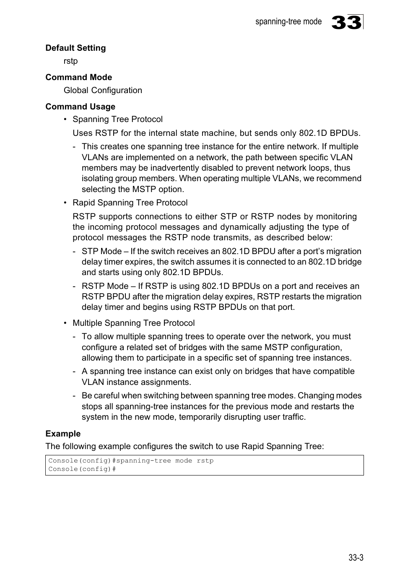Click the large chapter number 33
pyautogui.click(x=346, y=22)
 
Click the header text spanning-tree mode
pyautogui.click(x=288, y=21)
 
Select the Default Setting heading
pyautogui.click(x=75, y=48)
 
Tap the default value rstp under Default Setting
pyautogui.click(x=70, y=61)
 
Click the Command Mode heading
pyautogui.click(x=78, y=77)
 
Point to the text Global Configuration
pyautogui.click(x=103, y=90)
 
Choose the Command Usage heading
pyautogui.click(x=80, y=107)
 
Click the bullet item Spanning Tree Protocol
pyautogui.click(x=117, y=119)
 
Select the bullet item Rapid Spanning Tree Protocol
pyautogui.click(x=130, y=203)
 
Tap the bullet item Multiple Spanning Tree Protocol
pyautogui.click(x=133, y=323)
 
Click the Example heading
pyautogui.click(x=63, y=434)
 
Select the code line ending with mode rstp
pyautogui.click(x=131, y=460)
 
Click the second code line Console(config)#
pyautogui.click(x=82, y=469)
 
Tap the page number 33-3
pyautogui.click(x=356, y=557)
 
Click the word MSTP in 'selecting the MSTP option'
pyautogui.click(x=144, y=189)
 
